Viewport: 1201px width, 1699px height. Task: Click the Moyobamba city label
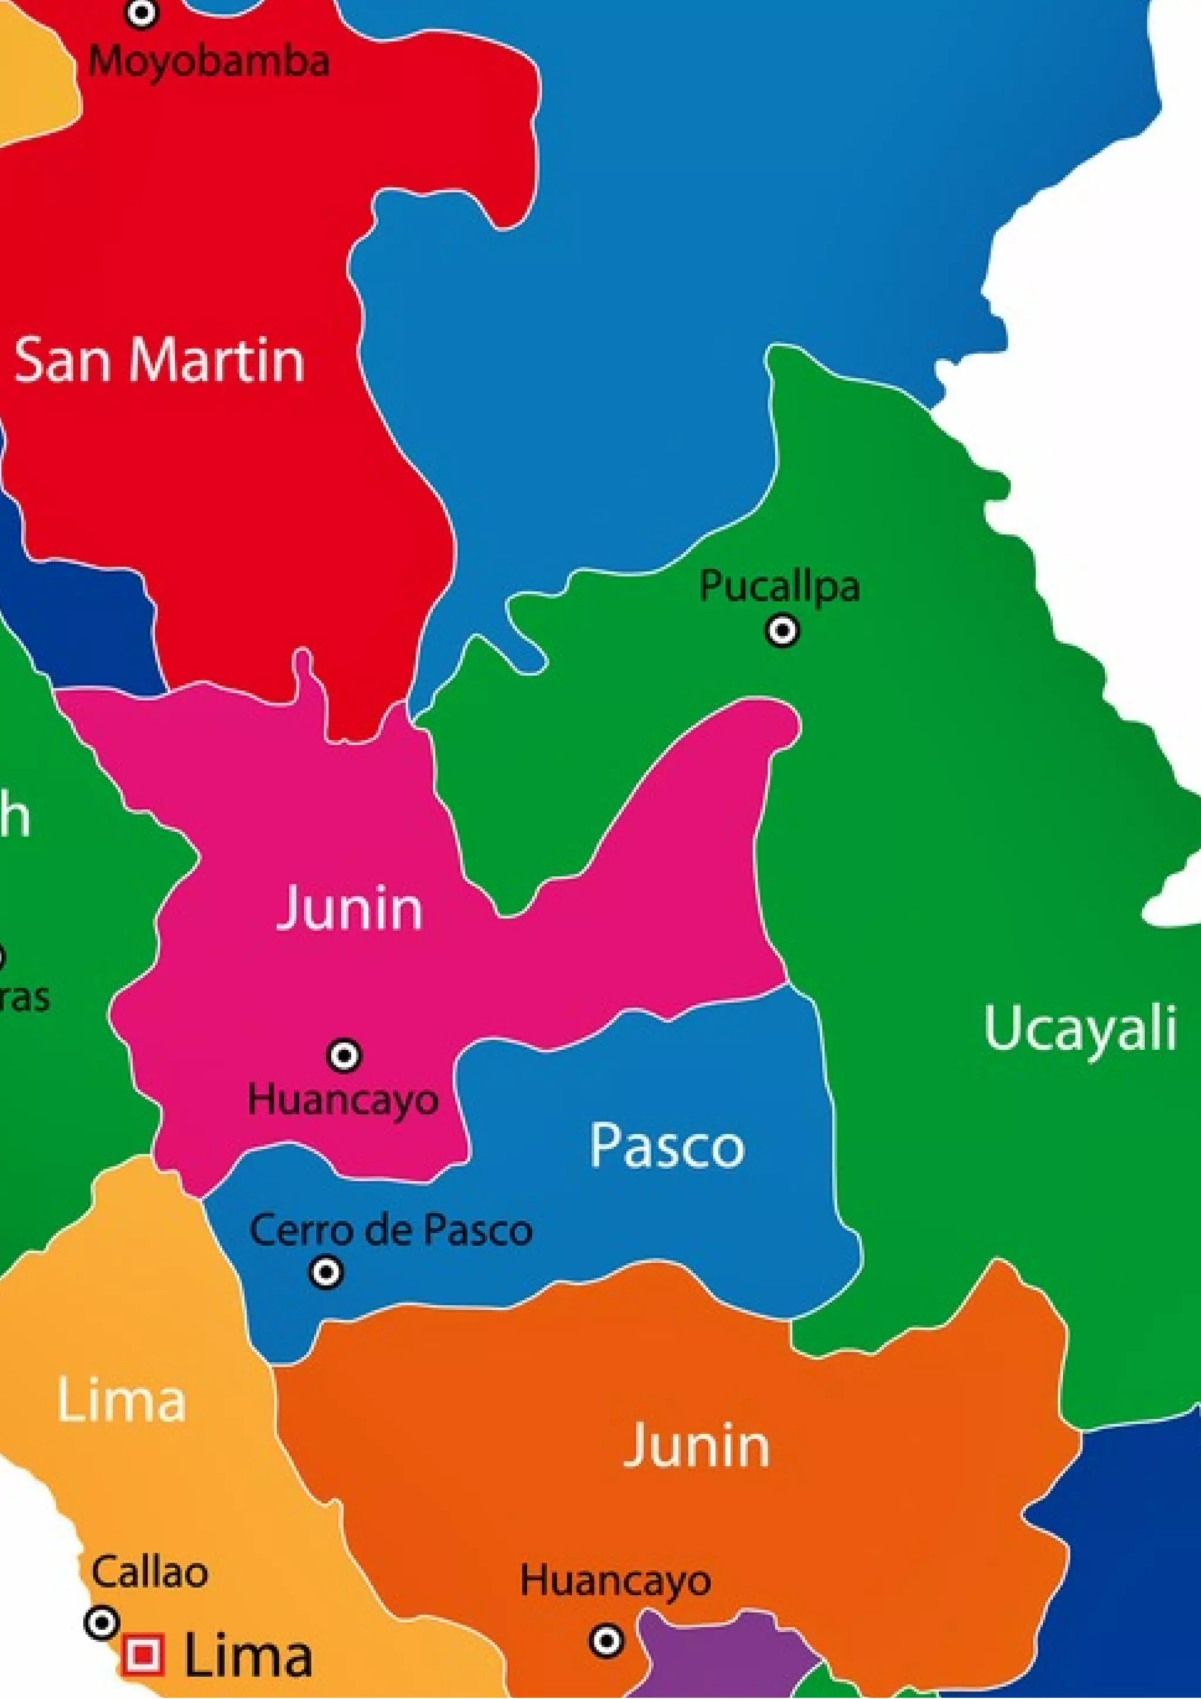[x=209, y=60]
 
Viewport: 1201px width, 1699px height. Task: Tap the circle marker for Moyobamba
[x=141, y=12]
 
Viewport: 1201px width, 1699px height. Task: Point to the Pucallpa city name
[x=780, y=587]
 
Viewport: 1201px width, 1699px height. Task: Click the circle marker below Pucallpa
[x=782, y=630]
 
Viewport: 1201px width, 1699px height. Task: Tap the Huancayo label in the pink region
[x=342, y=1100]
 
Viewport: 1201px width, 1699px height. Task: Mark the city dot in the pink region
[x=344, y=1054]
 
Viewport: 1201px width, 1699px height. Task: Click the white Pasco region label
[x=667, y=1146]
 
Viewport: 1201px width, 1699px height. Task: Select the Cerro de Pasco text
[x=391, y=1230]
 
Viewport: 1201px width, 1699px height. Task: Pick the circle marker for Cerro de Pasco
[x=326, y=1273]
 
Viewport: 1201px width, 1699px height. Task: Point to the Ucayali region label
[x=1080, y=1028]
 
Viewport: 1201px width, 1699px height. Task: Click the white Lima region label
[x=121, y=1400]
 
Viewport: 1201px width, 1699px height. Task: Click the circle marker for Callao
[x=102, y=1623]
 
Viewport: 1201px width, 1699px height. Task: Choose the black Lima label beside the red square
[x=247, y=1656]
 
